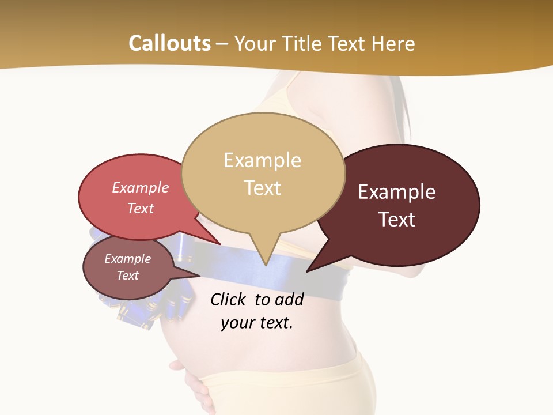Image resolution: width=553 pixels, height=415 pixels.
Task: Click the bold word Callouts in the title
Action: click(x=169, y=43)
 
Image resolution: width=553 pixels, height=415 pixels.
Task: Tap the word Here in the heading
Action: click(x=394, y=43)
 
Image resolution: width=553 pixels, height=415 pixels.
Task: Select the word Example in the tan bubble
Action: click(x=262, y=160)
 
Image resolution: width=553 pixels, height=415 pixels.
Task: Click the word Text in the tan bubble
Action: click(x=262, y=188)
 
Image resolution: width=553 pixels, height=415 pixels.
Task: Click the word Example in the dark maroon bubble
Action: click(x=397, y=192)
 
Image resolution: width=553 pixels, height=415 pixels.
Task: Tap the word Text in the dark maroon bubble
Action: click(x=397, y=220)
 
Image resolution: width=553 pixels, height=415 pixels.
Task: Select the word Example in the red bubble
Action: click(x=141, y=188)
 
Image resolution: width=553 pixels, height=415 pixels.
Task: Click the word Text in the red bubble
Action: click(x=141, y=208)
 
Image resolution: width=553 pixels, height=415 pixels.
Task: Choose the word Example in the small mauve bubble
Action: click(x=128, y=259)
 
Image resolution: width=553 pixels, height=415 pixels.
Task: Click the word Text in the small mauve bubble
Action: click(x=128, y=276)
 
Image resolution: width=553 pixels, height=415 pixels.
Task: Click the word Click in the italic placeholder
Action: click(x=229, y=300)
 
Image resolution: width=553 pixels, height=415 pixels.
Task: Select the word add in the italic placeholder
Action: click(x=289, y=300)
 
